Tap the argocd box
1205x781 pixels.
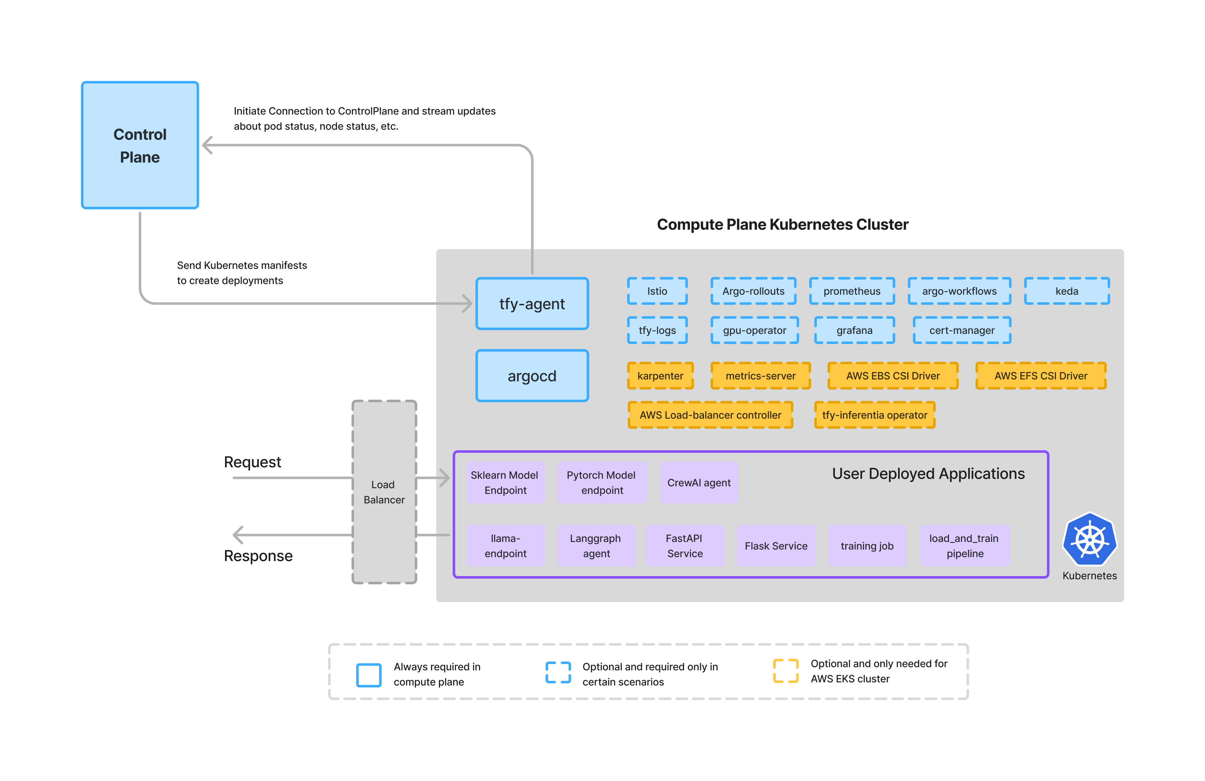[x=532, y=376]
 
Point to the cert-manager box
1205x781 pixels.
[x=962, y=330]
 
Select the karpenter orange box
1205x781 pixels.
[x=660, y=376]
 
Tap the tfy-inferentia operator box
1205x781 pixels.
[x=874, y=415]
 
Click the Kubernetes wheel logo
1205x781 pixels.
[x=1090, y=539]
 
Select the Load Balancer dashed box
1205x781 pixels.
[x=384, y=492]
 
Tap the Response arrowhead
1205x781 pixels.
[x=237, y=535]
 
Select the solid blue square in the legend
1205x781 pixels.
[x=369, y=675]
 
